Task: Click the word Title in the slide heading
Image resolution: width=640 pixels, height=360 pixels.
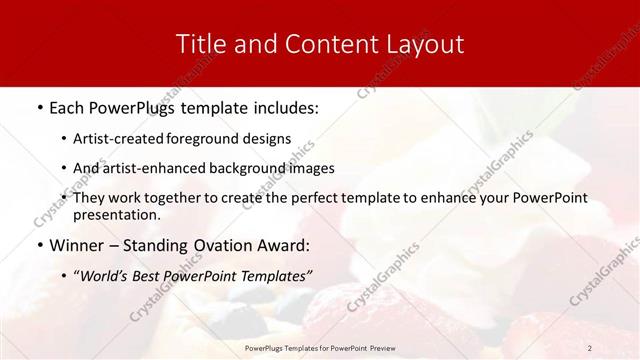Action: (x=199, y=44)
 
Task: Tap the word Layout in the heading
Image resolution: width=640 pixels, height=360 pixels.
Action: (x=424, y=45)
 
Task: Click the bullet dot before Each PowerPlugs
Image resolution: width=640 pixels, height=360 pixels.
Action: (x=38, y=106)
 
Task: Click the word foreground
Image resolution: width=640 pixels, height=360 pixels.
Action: (x=204, y=138)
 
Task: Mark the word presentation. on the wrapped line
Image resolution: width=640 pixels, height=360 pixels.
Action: (x=116, y=214)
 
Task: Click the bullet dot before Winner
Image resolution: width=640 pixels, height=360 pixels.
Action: (x=38, y=245)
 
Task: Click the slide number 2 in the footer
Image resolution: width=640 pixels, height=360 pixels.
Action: (x=589, y=347)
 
